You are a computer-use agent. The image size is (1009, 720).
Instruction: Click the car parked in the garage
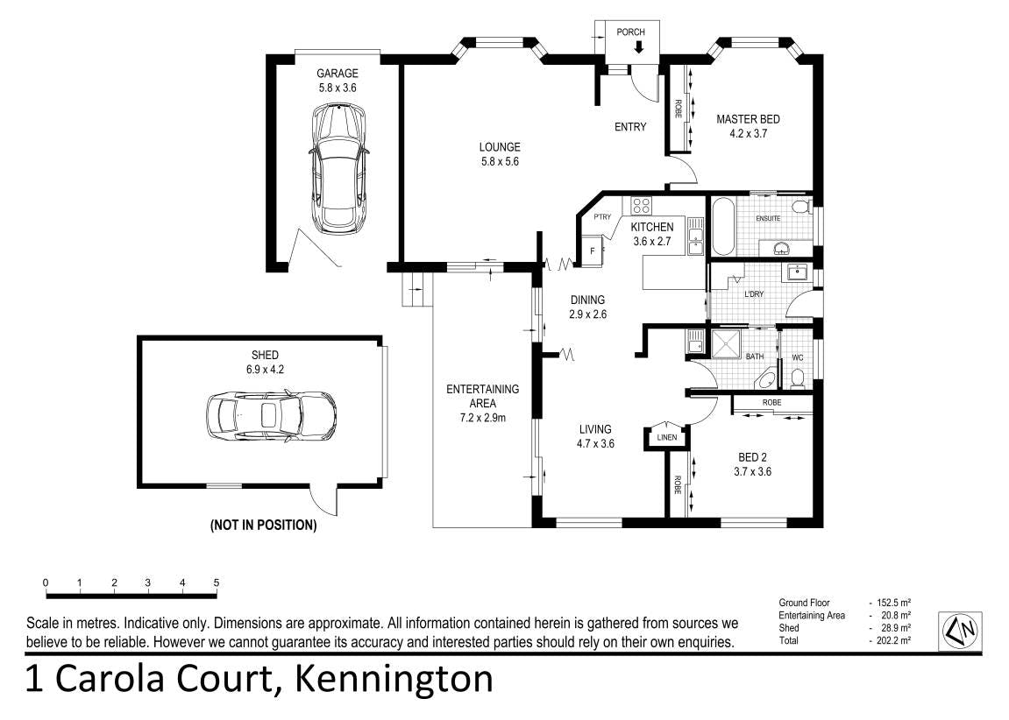(338, 170)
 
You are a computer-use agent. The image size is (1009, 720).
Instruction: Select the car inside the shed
(271, 416)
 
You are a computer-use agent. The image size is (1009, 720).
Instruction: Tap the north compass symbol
(960, 632)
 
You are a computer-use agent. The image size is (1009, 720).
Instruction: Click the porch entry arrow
(638, 46)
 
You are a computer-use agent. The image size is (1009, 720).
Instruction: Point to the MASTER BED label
(748, 119)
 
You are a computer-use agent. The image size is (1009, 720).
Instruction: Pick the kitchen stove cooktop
(640, 206)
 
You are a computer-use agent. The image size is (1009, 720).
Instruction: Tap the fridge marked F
(593, 251)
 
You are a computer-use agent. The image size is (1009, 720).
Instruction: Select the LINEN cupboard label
(666, 438)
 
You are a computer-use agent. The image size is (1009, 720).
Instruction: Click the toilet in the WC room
(798, 378)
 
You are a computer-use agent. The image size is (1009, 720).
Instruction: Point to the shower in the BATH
(725, 342)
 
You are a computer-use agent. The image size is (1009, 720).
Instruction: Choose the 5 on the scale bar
(217, 583)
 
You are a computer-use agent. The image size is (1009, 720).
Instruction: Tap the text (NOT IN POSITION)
(264, 526)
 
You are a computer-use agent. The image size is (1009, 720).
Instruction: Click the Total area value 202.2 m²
(892, 640)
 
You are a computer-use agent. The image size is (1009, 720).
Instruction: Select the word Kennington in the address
(394, 679)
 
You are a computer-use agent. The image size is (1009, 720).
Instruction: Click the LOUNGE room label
(500, 147)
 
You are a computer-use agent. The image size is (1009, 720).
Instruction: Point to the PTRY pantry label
(602, 216)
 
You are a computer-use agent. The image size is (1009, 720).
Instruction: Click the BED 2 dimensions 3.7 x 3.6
(752, 471)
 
